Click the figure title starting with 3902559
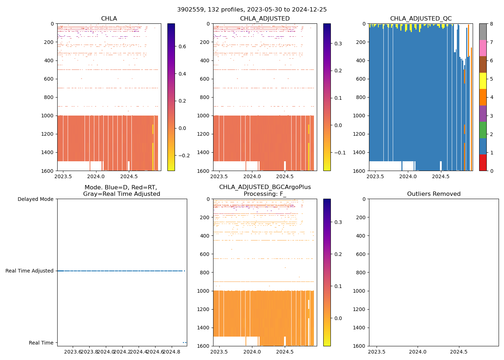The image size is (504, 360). [x=252, y=10]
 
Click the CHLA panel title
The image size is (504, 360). [x=109, y=19]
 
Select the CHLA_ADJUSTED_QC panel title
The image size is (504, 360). [x=420, y=19]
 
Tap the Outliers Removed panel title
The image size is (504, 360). [x=433, y=194]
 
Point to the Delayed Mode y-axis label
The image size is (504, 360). [x=35, y=199]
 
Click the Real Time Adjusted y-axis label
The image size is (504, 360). [x=29, y=271]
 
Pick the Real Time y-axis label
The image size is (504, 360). [x=41, y=343]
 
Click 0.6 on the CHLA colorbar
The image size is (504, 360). [x=182, y=46]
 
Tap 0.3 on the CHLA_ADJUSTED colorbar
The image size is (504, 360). [x=338, y=44]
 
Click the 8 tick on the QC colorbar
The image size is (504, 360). [x=491, y=24]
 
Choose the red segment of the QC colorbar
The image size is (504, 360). [x=483, y=162]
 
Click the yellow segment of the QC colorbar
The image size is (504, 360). [x=483, y=81]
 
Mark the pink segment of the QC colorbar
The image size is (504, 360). [x=483, y=48]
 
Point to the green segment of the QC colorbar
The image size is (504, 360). [x=483, y=130]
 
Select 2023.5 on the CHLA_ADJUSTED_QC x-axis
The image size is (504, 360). [x=375, y=176]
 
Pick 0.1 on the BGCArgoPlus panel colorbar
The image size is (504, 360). [x=338, y=286]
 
